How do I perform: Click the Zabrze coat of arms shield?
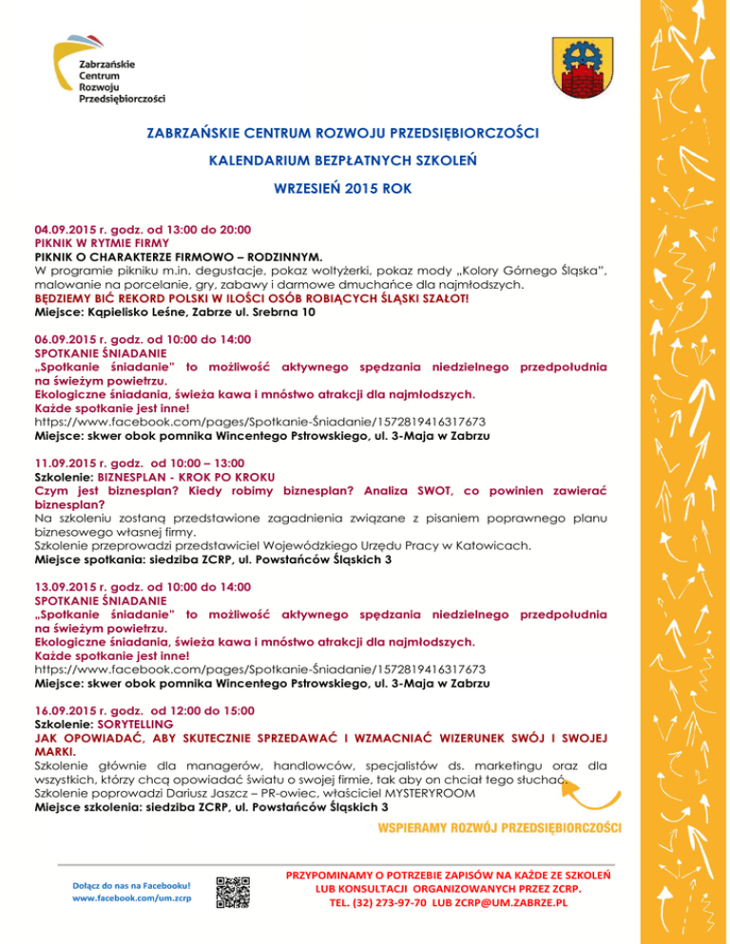(x=585, y=69)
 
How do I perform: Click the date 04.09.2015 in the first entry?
(x=69, y=230)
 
